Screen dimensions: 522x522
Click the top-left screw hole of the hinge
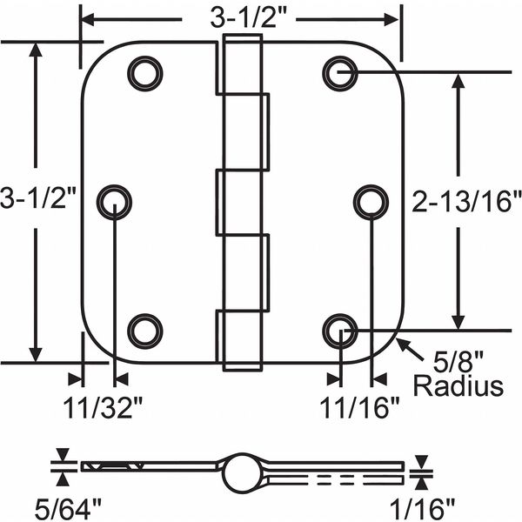[x=144, y=72]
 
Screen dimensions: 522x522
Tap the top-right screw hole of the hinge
[x=339, y=72]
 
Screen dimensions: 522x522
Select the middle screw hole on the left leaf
[x=115, y=202]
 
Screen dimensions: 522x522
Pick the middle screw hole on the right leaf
[x=370, y=201]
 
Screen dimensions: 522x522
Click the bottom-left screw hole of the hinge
[x=144, y=331]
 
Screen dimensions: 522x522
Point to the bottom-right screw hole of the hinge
[x=339, y=331]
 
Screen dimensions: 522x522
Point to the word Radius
[x=458, y=385]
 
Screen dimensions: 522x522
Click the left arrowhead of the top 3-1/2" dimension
[x=86, y=17]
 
